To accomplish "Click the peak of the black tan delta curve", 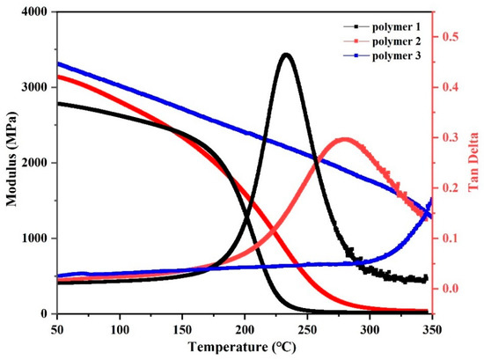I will (x=286, y=55).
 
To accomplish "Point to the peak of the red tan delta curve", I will (x=343, y=138).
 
